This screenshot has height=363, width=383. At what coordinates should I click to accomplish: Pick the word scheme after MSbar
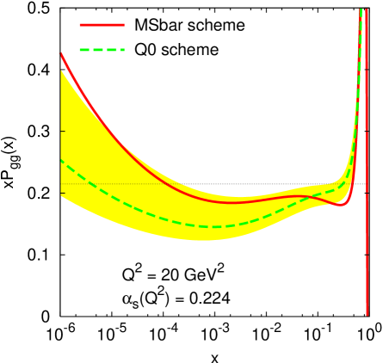coord(217,25)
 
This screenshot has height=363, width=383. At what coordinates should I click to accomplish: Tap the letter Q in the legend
coord(133,50)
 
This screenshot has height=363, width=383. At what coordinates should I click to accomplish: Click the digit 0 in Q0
coord(145,50)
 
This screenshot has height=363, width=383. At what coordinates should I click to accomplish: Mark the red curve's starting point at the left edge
coord(60,53)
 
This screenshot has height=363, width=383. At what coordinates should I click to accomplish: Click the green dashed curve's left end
coord(60,160)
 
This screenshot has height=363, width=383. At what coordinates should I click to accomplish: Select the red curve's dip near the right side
coord(342,205)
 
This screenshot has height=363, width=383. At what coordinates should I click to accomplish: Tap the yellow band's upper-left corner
coord(61,71)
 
